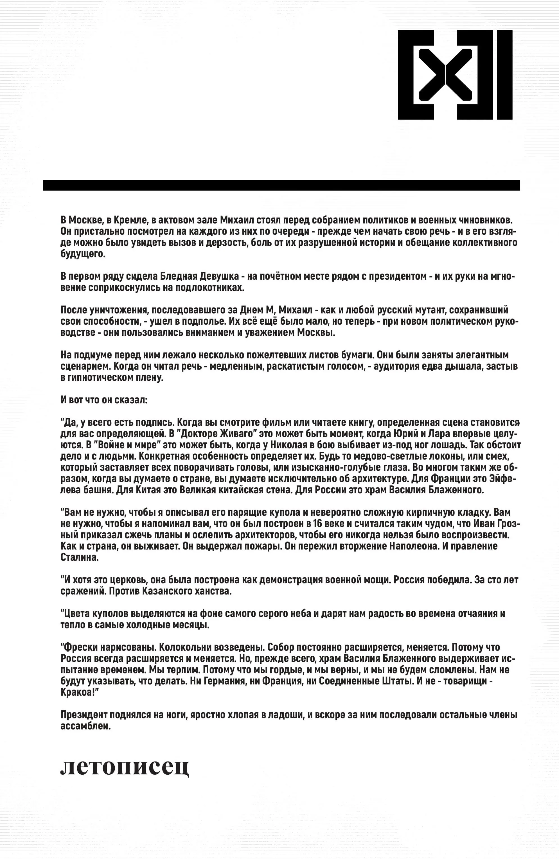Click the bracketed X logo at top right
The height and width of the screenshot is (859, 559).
point(455,75)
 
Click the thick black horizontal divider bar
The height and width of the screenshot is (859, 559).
point(281,185)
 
